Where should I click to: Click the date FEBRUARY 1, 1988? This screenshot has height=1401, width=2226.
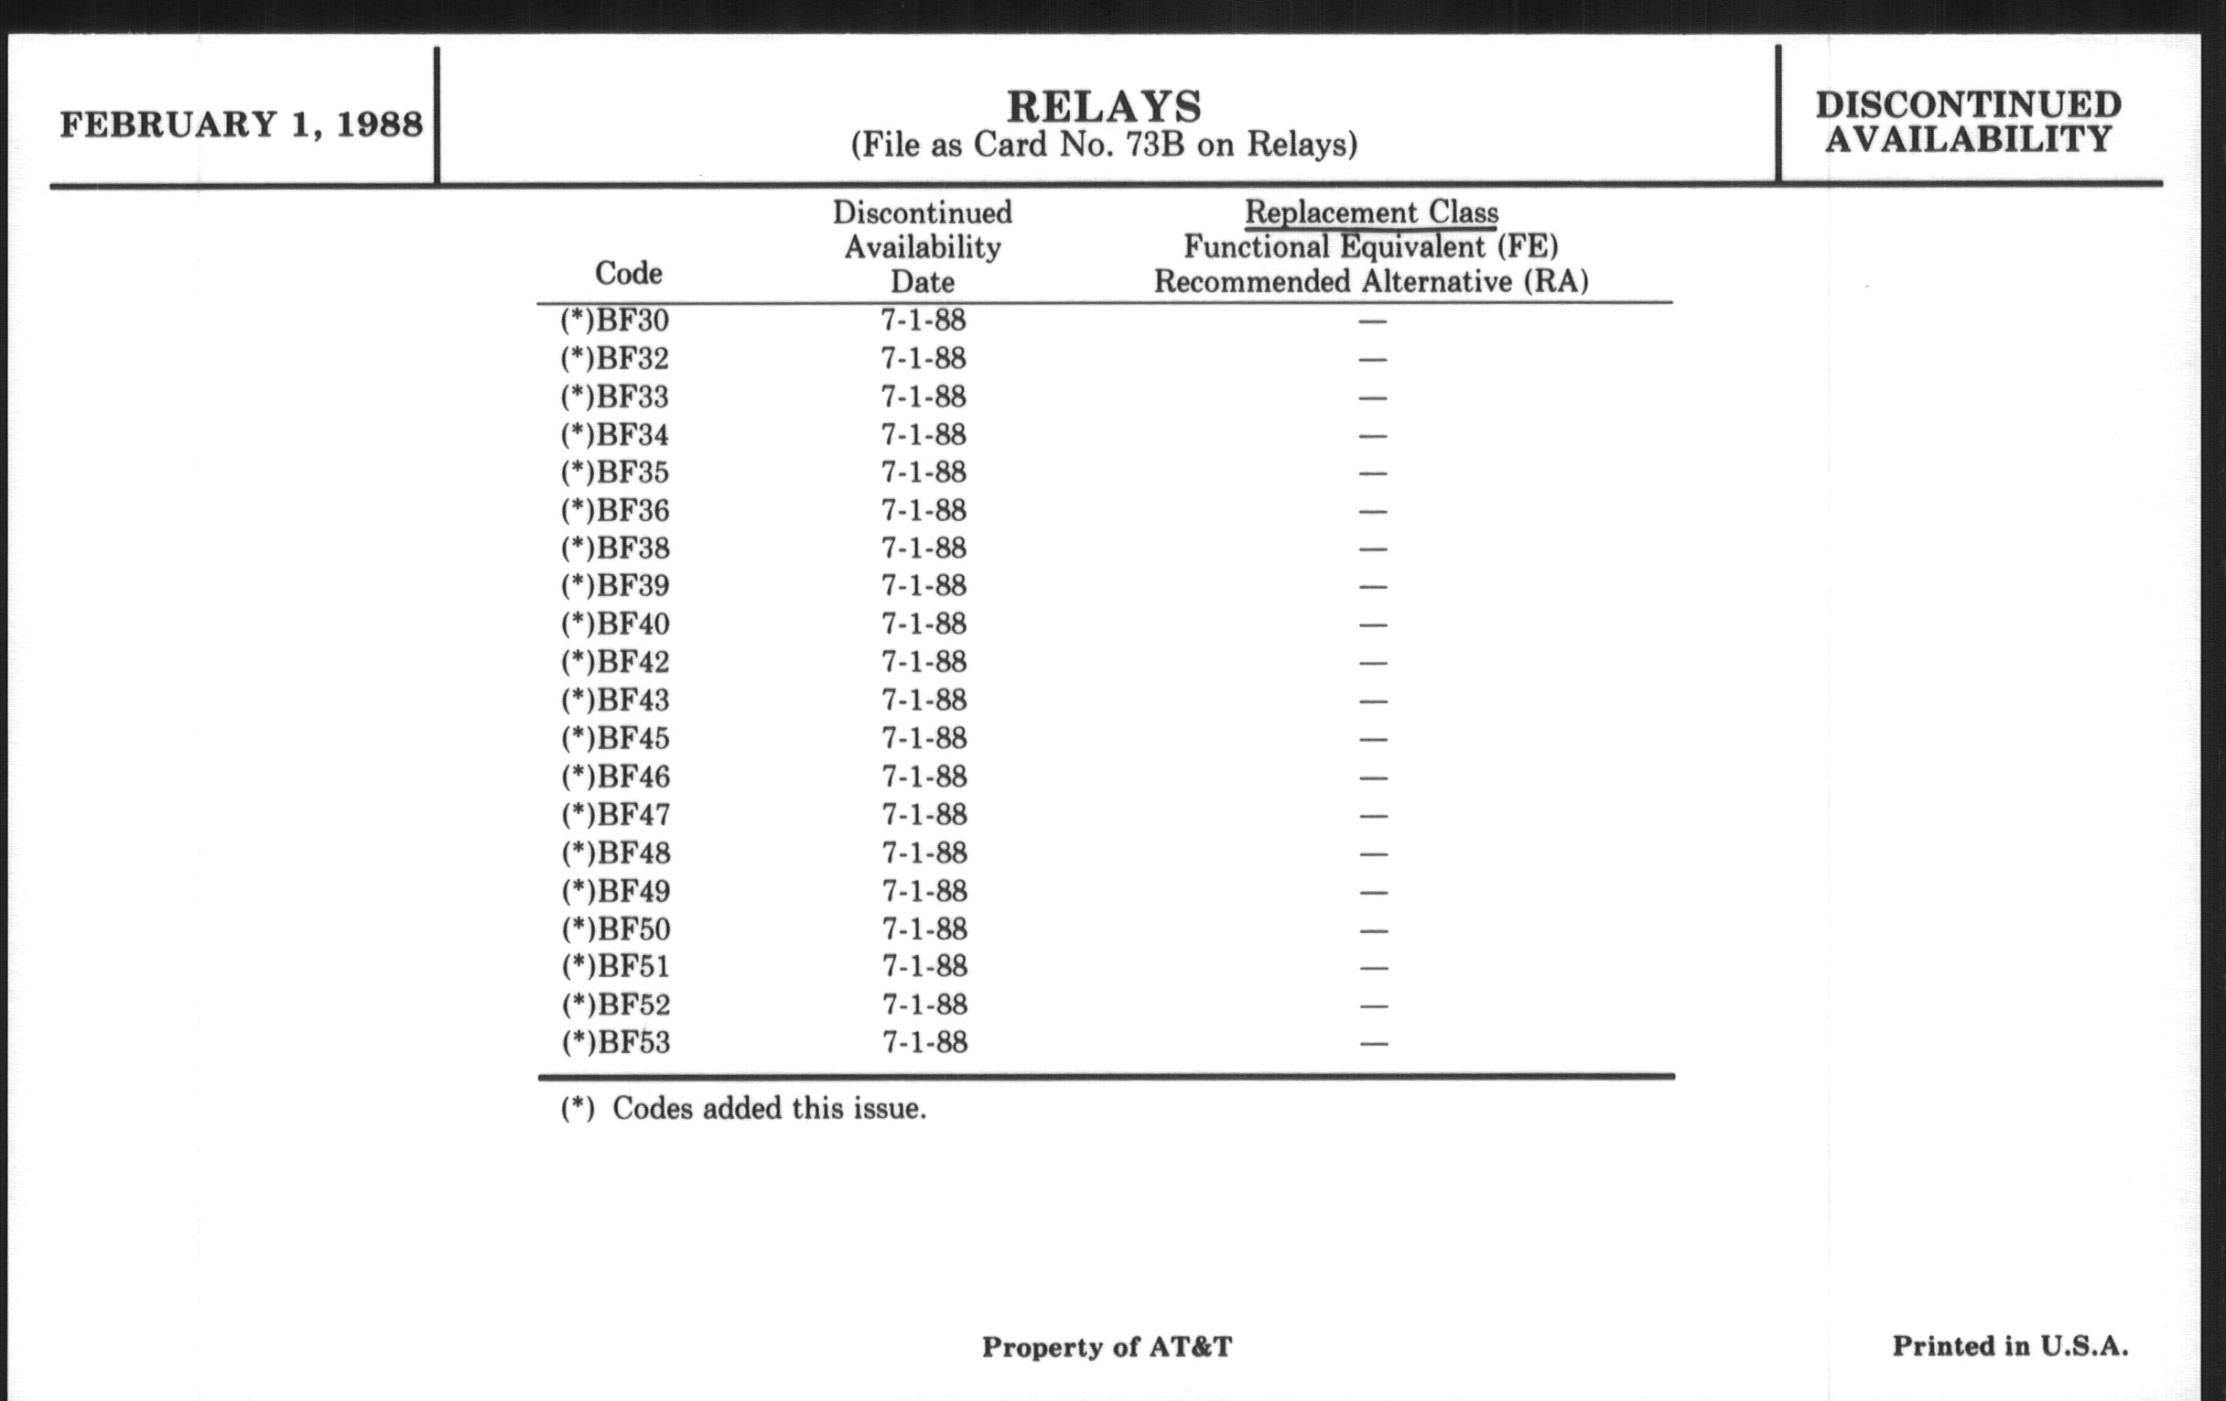pyautogui.click(x=242, y=124)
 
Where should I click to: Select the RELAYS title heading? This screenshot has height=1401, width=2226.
pyautogui.click(x=1104, y=106)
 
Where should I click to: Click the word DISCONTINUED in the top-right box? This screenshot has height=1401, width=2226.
pyautogui.click(x=1968, y=104)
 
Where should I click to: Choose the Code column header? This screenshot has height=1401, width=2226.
pyautogui.click(x=628, y=273)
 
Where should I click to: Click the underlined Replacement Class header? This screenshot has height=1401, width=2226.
pyautogui.click(x=1371, y=212)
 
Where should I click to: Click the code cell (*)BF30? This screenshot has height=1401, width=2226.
pyautogui.click(x=615, y=320)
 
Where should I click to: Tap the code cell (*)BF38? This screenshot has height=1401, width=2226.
pyautogui.click(x=615, y=548)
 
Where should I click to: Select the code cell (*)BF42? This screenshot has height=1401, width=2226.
pyautogui.click(x=615, y=662)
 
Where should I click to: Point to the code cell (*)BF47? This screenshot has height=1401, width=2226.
pyautogui.click(x=616, y=815)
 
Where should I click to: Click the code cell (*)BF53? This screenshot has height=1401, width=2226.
pyautogui.click(x=616, y=1042)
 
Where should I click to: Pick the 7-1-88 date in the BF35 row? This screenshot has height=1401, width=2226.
pyautogui.click(x=923, y=472)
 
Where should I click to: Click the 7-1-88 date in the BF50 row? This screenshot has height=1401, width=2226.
pyautogui.click(x=924, y=929)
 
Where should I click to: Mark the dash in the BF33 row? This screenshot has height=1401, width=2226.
pyautogui.click(x=1373, y=397)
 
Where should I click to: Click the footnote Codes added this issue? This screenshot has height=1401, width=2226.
pyautogui.click(x=768, y=1108)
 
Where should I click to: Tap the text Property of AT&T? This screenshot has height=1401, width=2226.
pyautogui.click(x=1107, y=1346)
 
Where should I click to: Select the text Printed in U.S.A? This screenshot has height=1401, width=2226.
pyautogui.click(x=2010, y=1345)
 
